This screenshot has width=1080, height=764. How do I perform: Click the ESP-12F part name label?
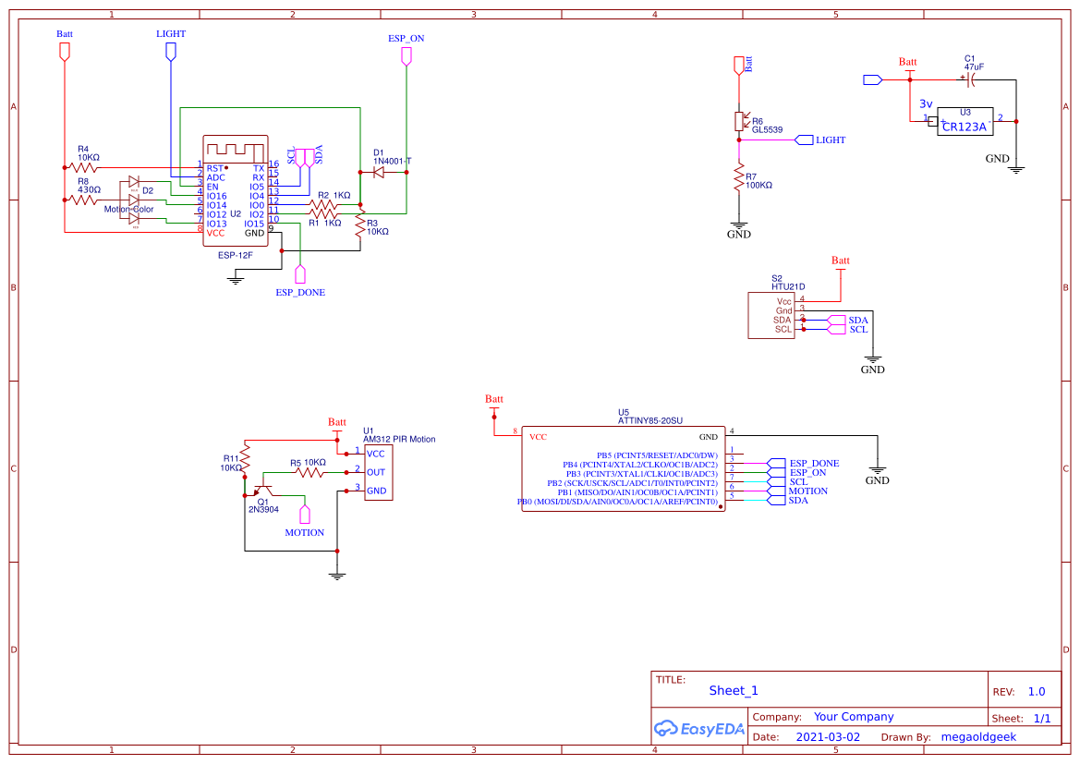pyautogui.click(x=236, y=254)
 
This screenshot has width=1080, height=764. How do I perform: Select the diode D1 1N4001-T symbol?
pyautogui.click(x=379, y=172)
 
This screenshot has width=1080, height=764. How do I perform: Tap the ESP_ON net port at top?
pyautogui.click(x=406, y=56)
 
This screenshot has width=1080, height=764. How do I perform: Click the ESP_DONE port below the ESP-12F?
pyautogui.click(x=299, y=274)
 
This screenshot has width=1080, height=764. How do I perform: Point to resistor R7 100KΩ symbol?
pyautogui.click(x=739, y=178)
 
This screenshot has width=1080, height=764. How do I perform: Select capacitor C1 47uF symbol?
pyautogui.click(x=969, y=80)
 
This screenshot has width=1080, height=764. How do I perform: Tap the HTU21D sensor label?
pyautogui.click(x=788, y=286)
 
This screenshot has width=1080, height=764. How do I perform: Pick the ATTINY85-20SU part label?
pyautogui.click(x=649, y=420)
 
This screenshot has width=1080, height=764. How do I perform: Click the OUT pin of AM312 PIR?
pyautogui.click(x=376, y=472)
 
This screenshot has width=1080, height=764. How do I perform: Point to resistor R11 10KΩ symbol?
pyautogui.click(x=246, y=457)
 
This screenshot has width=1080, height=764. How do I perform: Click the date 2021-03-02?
pyautogui.click(x=828, y=737)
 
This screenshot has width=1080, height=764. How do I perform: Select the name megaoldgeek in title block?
pyautogui.click(x=977, y=737)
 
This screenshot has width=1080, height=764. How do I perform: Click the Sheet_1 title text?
pyautogui.click(x=734, y=690)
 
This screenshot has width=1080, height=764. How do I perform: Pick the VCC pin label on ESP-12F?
pyautogui.click(x=215, y=234)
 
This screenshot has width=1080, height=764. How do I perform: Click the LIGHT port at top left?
pyautogui.click(x=170, y=52)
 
